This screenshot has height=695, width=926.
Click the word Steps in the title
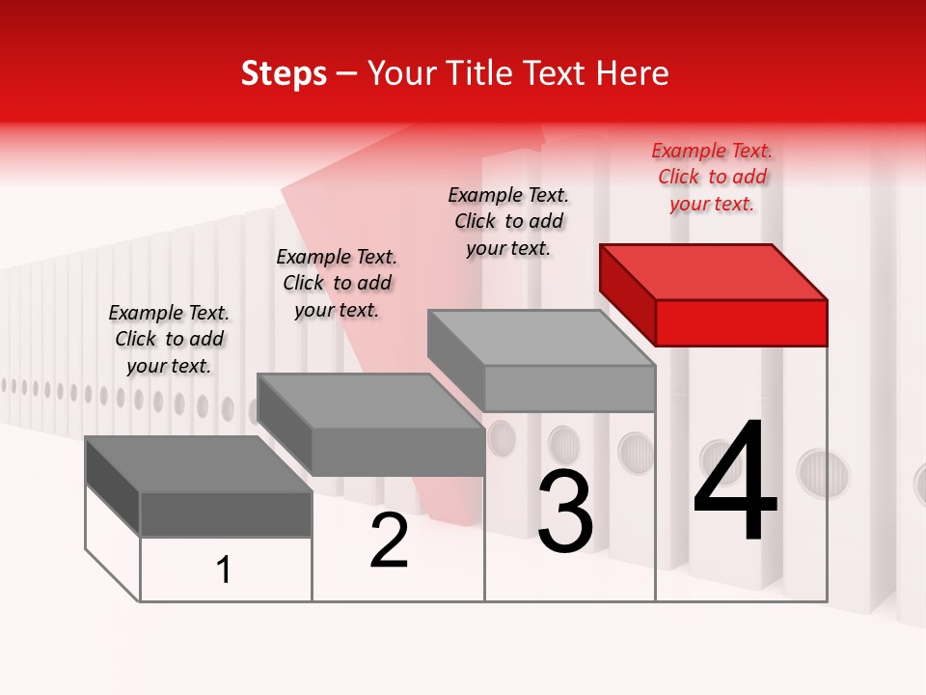point(284,73)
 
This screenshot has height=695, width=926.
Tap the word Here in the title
point(632,73)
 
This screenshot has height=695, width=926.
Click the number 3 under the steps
point(565,512)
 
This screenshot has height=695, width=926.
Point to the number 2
point(389,541)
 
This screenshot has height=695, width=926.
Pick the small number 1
point(224,570)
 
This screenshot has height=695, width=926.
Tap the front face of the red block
point(741,322)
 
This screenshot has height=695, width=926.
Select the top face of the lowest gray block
point(199,464)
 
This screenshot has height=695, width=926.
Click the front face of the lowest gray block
point(226,514)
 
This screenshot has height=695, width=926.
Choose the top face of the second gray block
point(370,401)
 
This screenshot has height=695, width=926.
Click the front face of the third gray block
point(569,388)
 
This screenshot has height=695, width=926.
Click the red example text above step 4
point(712,177)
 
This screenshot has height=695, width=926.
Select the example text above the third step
point(508,221)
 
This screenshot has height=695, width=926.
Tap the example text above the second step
point(337,283)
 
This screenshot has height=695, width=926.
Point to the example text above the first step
point(169,339)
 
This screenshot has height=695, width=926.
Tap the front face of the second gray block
point(397,452)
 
